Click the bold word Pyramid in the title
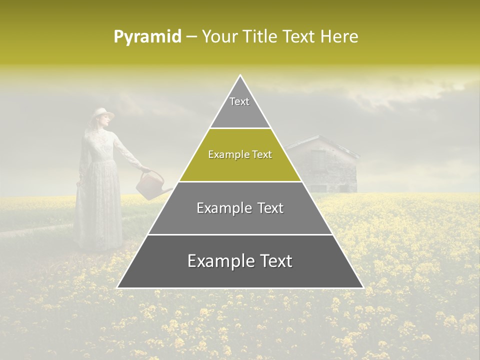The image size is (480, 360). tap(147, 37)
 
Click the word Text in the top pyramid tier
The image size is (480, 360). tap(239, 101)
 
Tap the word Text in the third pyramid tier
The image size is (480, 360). tap(270, 208)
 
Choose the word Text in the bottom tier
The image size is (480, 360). tap(276, 261)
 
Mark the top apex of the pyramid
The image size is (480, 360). tap(240, 75)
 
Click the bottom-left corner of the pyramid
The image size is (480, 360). tap(118, 287)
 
